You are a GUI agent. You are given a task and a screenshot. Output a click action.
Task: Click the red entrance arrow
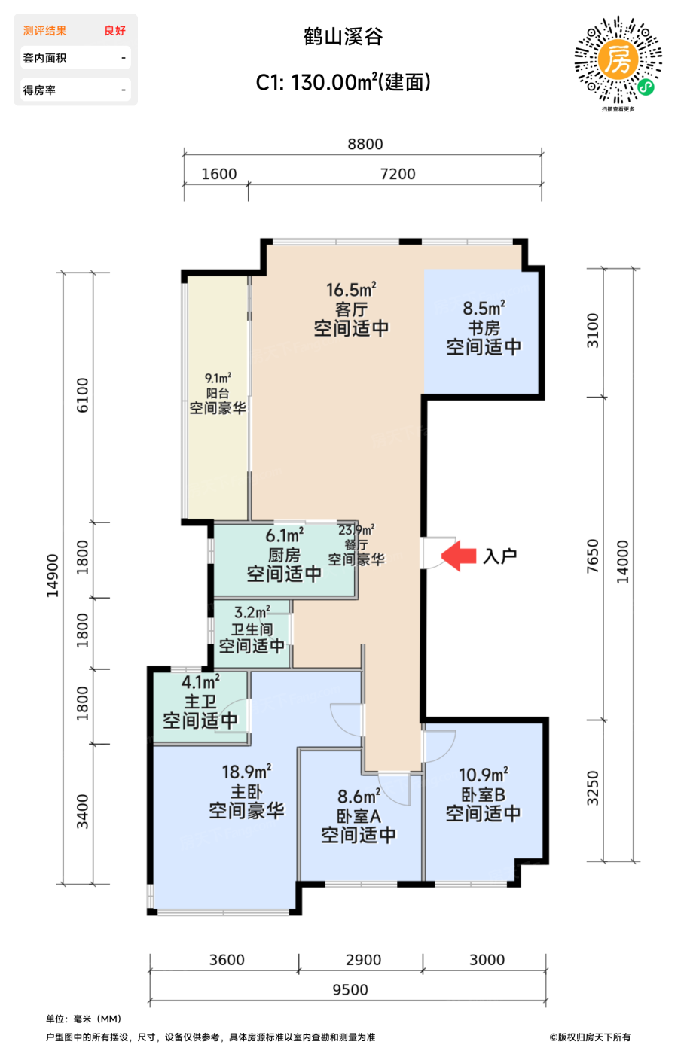tap(459, 556)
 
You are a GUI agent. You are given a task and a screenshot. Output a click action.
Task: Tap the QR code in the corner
tap(618, 59)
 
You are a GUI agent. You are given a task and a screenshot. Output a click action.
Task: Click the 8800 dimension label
tap(365, 144)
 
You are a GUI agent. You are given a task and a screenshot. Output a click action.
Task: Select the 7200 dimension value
tap(398, 174)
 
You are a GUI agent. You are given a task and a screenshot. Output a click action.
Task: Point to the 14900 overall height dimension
tap(52, 576)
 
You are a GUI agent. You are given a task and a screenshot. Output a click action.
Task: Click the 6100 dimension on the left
tap(82, 395)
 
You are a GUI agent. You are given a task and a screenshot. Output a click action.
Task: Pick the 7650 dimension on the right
tap(592, 556)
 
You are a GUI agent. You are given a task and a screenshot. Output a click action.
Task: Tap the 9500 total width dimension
tap(350, 989)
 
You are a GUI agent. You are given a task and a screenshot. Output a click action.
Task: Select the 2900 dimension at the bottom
tap(363, 959)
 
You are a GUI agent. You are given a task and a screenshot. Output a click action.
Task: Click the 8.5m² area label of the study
tap(484, 309)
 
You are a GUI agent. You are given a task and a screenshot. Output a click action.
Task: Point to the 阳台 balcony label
tap(218, 393)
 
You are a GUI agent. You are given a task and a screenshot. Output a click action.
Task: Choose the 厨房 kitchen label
tap(284, 556)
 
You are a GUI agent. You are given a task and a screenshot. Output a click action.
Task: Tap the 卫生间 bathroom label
tap(252, 629)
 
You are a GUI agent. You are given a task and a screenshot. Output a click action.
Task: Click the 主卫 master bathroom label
tap(200, 702)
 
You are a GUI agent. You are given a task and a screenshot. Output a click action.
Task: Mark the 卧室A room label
tap(359, 816)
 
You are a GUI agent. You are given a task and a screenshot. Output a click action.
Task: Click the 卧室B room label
tap(483, 795)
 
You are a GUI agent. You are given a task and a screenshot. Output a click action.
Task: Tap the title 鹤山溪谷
tap(343, 37)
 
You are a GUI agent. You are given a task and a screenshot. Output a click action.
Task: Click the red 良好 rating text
tap(115, 31)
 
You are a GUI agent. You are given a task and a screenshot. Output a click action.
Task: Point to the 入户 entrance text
tap(500, 556)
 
